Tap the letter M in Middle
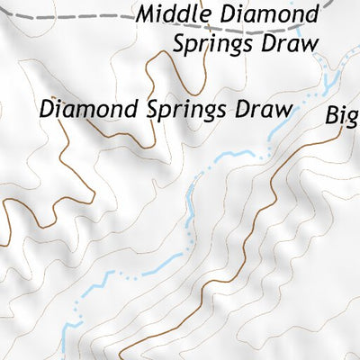(148, 15)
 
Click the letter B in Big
(331, 114)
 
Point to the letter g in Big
(352, 118)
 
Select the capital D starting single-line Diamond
(46, 109)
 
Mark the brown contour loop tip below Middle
(162, 55)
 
